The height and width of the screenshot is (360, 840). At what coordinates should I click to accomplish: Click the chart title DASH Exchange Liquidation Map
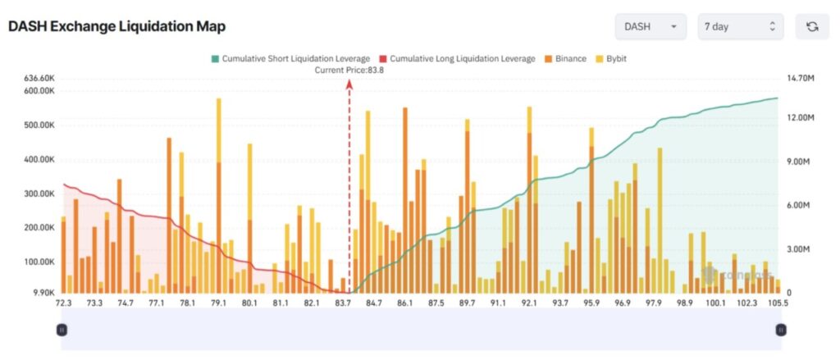116,26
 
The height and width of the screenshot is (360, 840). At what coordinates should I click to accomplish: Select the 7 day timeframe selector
740,26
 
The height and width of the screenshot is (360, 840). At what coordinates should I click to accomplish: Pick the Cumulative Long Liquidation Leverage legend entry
457,59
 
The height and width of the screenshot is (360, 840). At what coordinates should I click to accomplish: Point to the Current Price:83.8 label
349,71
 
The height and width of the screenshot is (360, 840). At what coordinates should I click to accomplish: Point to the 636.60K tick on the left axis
39,78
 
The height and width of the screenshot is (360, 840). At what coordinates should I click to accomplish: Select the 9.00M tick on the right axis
799,162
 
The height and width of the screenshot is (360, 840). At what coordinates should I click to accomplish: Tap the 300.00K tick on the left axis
39,194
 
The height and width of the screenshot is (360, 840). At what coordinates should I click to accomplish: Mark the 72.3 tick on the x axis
63,303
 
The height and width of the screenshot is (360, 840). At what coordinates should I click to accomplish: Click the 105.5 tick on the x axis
778,303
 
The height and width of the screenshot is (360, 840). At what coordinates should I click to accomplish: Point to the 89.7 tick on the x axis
468,303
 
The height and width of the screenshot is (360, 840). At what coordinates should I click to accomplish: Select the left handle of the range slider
62,330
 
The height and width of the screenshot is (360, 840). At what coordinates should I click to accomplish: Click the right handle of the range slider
780,330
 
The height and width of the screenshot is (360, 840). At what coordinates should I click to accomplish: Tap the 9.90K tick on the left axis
43,292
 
